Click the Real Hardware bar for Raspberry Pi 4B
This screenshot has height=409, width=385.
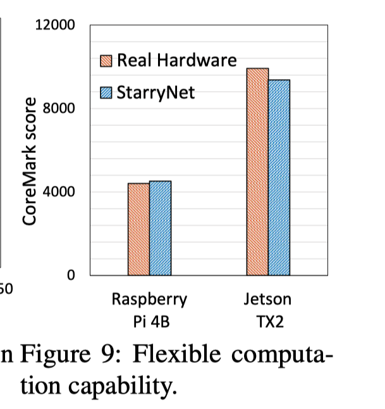138,229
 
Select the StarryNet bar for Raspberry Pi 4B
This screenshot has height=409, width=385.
160,228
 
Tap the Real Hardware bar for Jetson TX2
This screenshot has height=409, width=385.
257,171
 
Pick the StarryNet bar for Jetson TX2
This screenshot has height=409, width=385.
279,177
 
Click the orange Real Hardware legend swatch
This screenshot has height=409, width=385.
107,61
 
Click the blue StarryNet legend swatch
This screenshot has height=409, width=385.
107,94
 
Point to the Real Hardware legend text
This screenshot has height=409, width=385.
176,61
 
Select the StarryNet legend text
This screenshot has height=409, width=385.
156,94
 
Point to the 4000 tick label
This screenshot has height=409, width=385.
63,192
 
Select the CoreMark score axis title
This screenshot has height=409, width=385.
30,162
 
